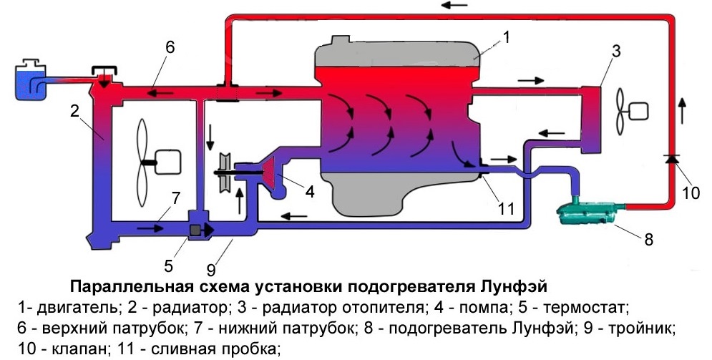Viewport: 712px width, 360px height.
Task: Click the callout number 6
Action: point(170,47)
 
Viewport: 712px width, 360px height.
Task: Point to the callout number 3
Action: point(615,52)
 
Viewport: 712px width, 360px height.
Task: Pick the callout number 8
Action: point(649,239)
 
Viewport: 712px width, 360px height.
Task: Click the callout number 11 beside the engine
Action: point(506,209)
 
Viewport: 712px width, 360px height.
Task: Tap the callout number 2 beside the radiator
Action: point(75,110)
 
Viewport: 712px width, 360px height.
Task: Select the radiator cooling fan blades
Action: point(143,162)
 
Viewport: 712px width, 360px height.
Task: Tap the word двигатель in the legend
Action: point(79,308)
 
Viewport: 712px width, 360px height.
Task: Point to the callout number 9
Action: point(210,270)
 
